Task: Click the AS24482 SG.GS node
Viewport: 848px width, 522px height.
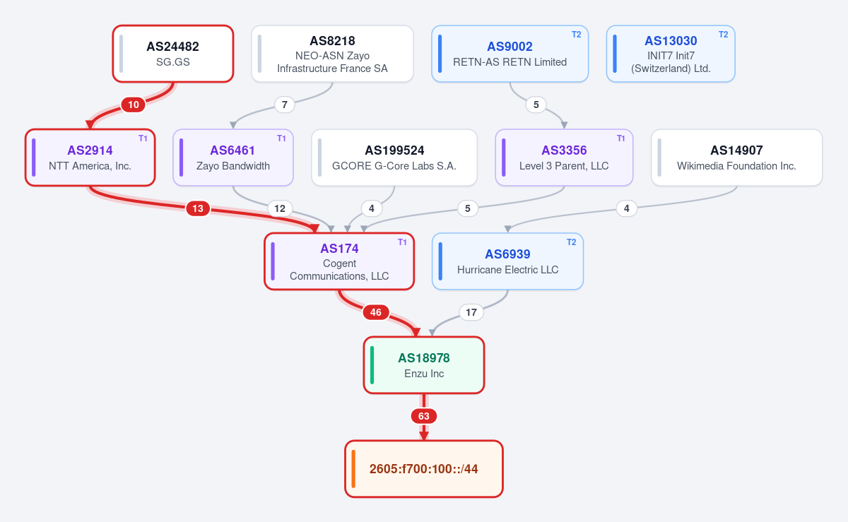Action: point(173,54)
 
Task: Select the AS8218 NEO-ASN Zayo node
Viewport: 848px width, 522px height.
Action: point(332,54)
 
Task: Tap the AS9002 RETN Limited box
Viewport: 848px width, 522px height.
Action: point(510,54)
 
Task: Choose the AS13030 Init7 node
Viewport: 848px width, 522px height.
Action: point(671,54)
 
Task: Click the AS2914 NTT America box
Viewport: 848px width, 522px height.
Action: point(90,158)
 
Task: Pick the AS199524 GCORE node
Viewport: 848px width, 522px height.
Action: point(394,158)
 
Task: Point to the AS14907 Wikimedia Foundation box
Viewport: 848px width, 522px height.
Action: point(736,158)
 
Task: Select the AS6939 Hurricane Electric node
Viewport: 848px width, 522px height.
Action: point(507,261)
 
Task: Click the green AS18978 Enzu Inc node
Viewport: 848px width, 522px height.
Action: point(424,365)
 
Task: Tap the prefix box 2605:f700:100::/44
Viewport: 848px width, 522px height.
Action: point(424,468)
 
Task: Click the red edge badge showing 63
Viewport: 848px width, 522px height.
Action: point(424,416)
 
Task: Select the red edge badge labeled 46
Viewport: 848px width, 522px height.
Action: point(375,312)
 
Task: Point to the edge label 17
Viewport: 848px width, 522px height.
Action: point(471,312)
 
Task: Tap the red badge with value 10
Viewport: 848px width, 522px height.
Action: point(134,105)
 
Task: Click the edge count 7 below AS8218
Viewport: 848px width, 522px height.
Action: point(285,105)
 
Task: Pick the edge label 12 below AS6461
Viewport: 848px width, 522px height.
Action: point(280,208)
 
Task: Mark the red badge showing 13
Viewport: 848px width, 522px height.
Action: point(198,208)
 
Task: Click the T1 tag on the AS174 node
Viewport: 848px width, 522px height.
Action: point(402,242)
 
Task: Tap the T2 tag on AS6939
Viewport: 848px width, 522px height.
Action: point(571,242)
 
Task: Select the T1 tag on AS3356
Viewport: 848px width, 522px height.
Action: point(621,138)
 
